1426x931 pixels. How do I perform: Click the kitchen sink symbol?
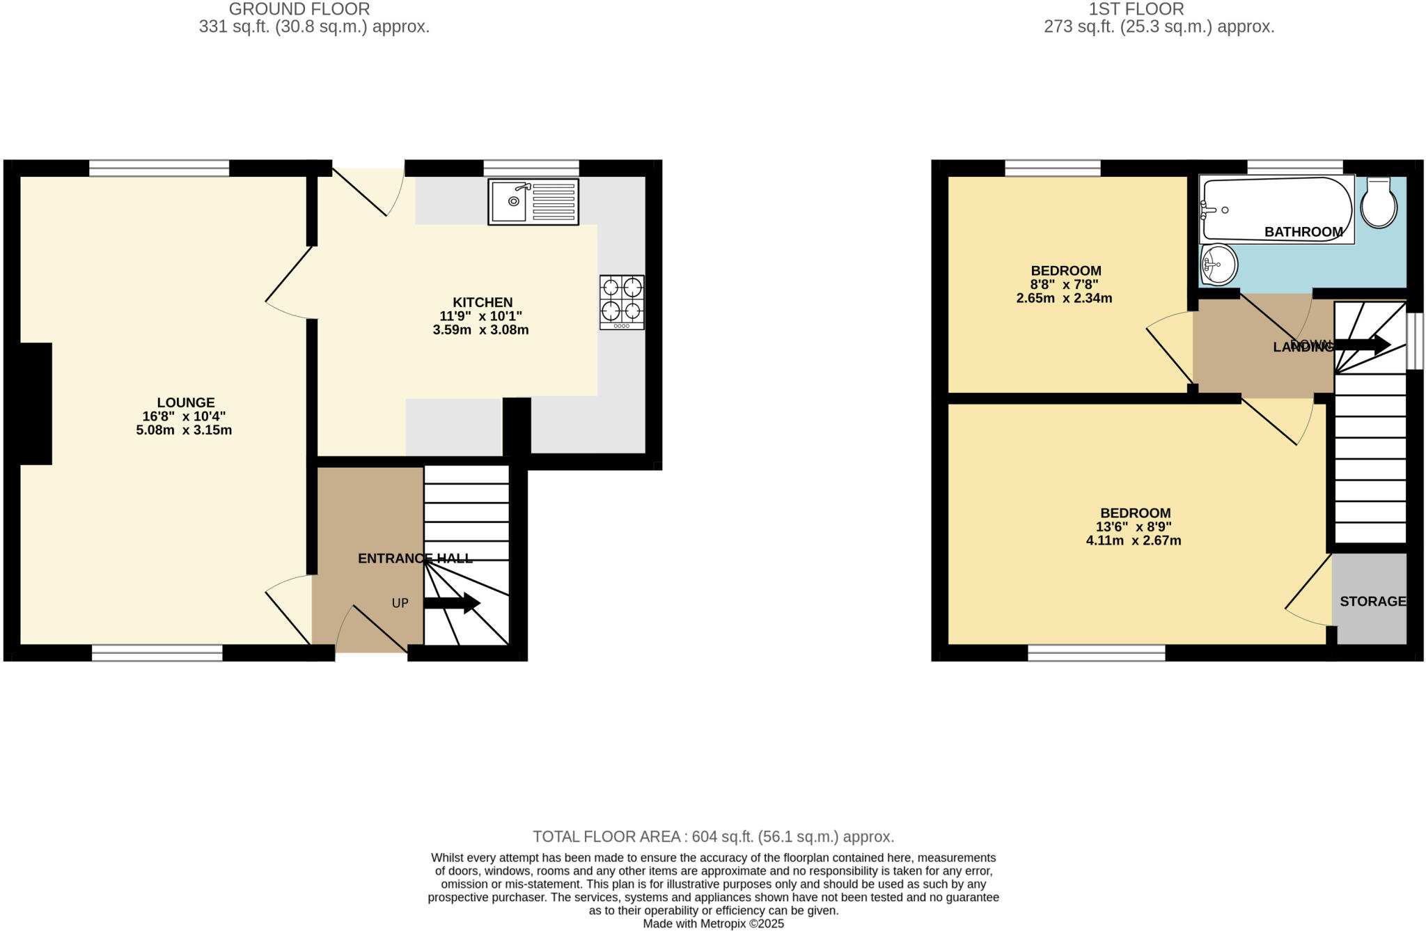[533, 202]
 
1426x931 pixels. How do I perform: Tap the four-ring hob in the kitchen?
[622, 302]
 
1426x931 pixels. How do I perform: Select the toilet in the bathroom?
[1379, 203]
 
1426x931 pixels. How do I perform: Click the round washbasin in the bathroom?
[1219, 265]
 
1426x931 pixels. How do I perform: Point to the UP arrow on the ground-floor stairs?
[452, 603]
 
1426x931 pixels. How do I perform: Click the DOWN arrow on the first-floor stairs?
[1362, 344]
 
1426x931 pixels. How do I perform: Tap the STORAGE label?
[1372, 602]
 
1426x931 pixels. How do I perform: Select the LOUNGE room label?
[186, 402]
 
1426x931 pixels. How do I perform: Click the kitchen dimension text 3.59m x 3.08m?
[480, 330]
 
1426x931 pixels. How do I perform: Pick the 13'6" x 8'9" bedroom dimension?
[1133, 527]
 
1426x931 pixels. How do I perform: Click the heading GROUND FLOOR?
[299, 9]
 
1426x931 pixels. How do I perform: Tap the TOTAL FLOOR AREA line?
[713, 837]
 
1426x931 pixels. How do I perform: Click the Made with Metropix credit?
[713, 924]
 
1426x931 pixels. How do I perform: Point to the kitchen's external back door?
[360, 191]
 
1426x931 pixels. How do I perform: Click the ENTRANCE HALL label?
[415, 558]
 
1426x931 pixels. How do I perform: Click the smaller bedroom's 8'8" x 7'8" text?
[1065, 285]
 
